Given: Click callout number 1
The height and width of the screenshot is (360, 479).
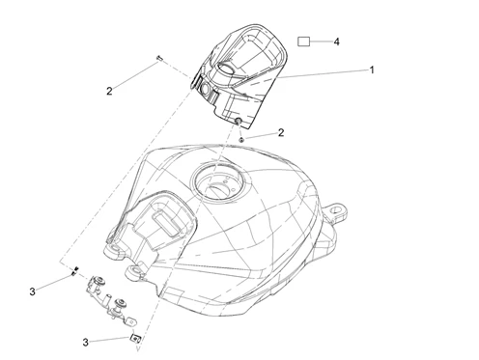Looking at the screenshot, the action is click(372, 69).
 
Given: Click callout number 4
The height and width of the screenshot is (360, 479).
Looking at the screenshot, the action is click(336, 42).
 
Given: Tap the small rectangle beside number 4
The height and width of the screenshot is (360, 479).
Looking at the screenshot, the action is click(303, 42).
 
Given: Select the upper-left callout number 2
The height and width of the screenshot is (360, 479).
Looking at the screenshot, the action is click(109, 91).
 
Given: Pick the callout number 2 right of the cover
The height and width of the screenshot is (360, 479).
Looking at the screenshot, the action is click(281, 132).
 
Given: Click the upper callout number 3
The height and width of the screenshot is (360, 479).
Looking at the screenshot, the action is click(32, 291).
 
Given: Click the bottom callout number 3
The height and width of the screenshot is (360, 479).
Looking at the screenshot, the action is click(85, 342).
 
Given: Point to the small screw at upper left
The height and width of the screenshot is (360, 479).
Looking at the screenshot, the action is click(159, 58).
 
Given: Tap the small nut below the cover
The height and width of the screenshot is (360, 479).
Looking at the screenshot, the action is click(241, 139).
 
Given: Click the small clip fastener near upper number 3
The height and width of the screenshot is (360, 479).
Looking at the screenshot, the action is click(74, 271).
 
